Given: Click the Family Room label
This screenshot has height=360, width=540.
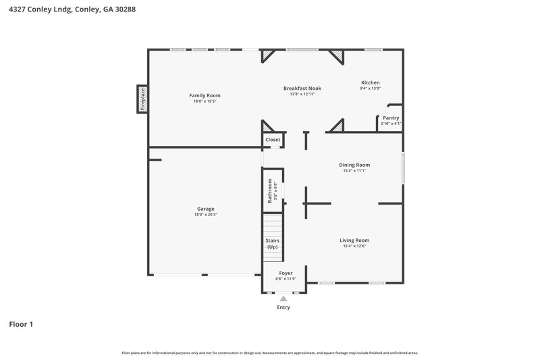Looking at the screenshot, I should coord(205,95).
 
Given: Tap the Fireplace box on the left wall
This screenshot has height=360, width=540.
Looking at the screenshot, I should coord(142,99).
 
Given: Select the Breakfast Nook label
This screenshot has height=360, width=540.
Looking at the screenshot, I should coord(302,88).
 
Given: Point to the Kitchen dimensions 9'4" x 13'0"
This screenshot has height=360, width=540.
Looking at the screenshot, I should coord(371,88).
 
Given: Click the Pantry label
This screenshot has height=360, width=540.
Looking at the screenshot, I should coord(391,118).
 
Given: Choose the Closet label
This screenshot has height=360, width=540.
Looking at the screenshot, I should coord(273,140).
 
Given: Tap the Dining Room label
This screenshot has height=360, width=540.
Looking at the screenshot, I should coord(354,165).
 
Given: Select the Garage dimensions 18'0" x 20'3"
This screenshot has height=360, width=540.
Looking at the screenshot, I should coord(205,214).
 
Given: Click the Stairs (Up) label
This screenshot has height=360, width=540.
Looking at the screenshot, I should coord(273,244).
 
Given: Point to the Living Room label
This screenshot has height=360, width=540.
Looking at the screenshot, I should coord(354,240).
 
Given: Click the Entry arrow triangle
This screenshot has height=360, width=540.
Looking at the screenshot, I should coord(283,299).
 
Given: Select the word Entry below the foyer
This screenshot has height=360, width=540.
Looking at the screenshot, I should coord(283,307).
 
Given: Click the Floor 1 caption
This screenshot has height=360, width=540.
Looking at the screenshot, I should coord(21,324).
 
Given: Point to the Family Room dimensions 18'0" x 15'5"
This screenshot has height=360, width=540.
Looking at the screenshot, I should coord(205,101).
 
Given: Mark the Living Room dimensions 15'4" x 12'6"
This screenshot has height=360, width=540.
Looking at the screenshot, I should coord(354,246).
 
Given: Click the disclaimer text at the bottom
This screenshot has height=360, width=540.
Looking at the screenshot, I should coord(270,353).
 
